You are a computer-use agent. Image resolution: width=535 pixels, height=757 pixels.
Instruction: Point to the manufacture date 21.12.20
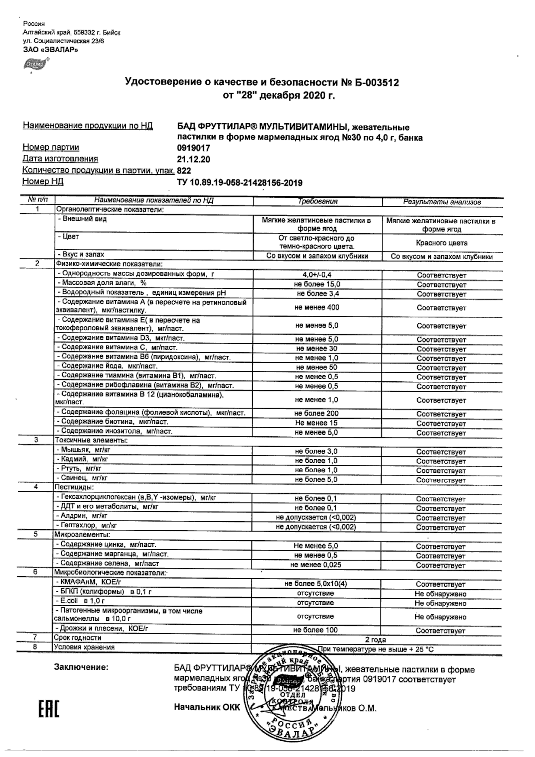coord(194,159)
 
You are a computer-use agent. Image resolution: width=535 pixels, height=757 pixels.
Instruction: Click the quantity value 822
coord(184,171)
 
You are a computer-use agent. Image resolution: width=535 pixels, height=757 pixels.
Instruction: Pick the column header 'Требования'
coord(317,201)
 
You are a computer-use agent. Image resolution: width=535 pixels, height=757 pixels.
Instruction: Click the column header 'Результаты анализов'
coord(442,202)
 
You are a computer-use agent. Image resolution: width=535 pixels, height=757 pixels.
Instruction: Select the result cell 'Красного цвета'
coord(442,243)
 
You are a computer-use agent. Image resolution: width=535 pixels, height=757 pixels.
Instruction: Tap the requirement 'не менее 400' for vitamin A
coord(317,307)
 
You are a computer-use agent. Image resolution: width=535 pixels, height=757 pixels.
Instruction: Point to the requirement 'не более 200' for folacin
coord(317,413)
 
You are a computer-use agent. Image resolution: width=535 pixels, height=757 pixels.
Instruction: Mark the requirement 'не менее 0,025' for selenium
coord(316,565)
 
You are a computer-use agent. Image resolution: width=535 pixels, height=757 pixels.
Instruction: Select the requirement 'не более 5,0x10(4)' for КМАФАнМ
coord(316,584)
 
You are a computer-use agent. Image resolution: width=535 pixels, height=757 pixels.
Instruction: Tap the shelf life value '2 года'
coord(376,640)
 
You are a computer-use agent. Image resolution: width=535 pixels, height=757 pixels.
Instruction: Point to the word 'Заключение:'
coord(81,667)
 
